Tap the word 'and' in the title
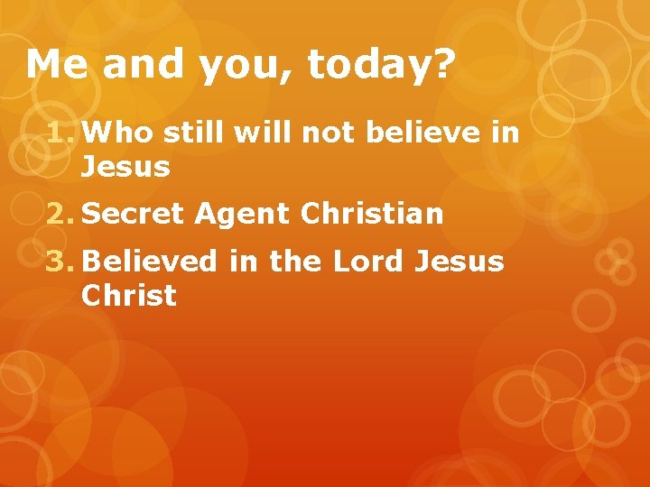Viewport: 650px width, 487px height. pos(133,65)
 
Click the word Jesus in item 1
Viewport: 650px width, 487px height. pos(125,167)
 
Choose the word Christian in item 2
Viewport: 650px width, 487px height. pos(373,214)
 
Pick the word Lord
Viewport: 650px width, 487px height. pos(370,262)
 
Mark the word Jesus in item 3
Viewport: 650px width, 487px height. pos(458,262)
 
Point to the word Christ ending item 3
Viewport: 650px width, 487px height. pos(128,295)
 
